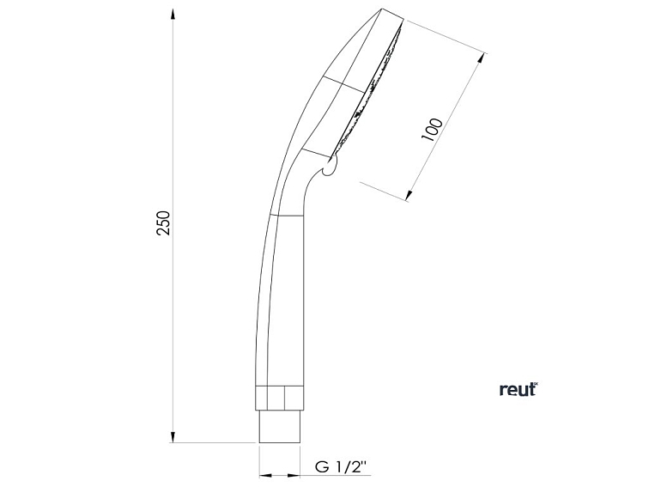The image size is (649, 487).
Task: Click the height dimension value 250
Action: pos(166,222)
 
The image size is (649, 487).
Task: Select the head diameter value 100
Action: pos(434,129)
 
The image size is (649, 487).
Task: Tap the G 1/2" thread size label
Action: pos(340,469)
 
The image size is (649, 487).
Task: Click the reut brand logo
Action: pos(518,389)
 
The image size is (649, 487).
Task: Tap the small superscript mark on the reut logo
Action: pos(534,383)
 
